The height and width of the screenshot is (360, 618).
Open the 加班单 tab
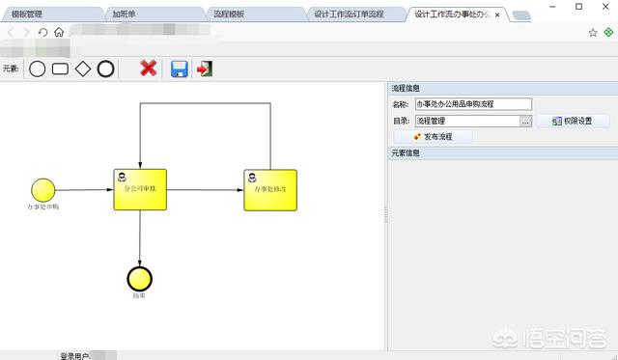click(124, 14)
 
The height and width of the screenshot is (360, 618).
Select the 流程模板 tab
click(229, 14)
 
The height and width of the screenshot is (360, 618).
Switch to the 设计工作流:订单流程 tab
click(349, 14)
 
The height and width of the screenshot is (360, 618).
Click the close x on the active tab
click(498, 14)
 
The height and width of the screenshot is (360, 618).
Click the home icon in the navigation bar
click(59, 32)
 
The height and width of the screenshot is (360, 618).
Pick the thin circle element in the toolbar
click(38, 69)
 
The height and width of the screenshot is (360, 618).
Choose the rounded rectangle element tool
click(60, 69)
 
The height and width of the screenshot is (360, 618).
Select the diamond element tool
click(83, 69)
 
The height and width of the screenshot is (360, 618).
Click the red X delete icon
click(148, 68)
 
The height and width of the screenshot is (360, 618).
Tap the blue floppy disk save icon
click(179, 68)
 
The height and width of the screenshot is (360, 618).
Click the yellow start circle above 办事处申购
click(42, 189)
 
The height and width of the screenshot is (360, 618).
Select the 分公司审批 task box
click(140, 189)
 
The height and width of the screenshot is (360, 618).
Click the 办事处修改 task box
click(270, 189)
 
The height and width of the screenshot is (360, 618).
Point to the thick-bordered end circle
click(140, 277)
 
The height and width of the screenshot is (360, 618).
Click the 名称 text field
click(473, 104)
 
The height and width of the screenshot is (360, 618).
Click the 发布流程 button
click(433, 137)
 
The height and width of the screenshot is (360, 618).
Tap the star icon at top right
click(593, 32)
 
